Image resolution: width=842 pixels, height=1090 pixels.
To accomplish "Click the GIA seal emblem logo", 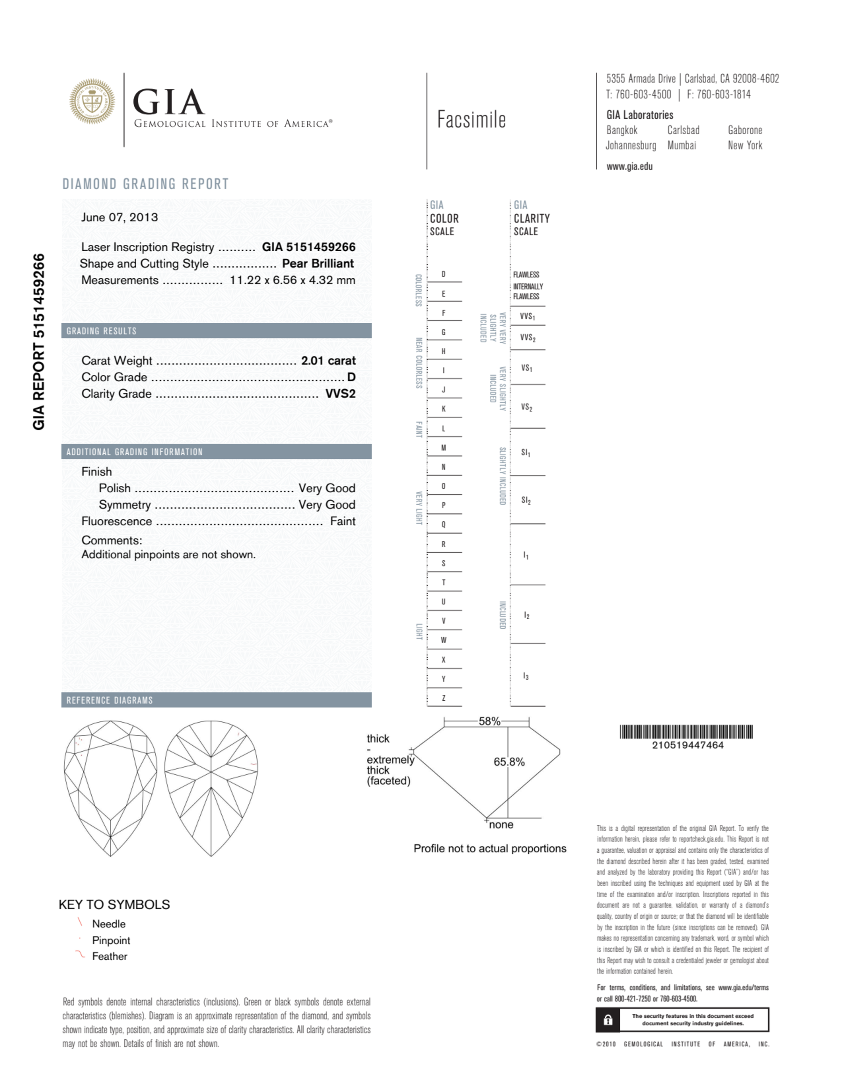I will (92, 101).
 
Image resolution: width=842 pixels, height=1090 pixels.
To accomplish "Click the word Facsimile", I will (471, 120).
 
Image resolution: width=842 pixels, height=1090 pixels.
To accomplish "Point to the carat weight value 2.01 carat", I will (328, 360).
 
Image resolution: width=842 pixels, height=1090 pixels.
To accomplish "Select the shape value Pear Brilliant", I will (318, 263).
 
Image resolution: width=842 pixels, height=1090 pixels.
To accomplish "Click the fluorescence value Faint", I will (343, 521).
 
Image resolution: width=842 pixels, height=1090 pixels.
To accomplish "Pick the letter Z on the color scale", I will (443, 698).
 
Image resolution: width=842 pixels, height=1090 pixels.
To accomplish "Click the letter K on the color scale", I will (443, 409).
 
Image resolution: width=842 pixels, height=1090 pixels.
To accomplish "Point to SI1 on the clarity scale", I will (526, 453).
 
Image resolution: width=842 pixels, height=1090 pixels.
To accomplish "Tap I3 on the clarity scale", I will (526, 676).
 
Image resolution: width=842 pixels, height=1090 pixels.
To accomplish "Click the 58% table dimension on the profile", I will (489, 721).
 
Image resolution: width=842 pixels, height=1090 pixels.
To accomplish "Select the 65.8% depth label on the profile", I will (509, 762).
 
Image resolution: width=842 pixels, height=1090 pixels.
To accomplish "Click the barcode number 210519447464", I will (687, 745).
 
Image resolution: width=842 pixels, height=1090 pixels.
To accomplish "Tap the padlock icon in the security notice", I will (608, 1020).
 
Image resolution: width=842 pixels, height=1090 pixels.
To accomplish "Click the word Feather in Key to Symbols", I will (109, 956).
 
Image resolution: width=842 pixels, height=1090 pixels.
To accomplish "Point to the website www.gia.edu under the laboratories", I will (629, 167).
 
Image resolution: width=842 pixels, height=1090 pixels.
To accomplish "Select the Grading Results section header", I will (101, 331).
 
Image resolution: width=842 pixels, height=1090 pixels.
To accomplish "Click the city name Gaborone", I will (745, 130).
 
